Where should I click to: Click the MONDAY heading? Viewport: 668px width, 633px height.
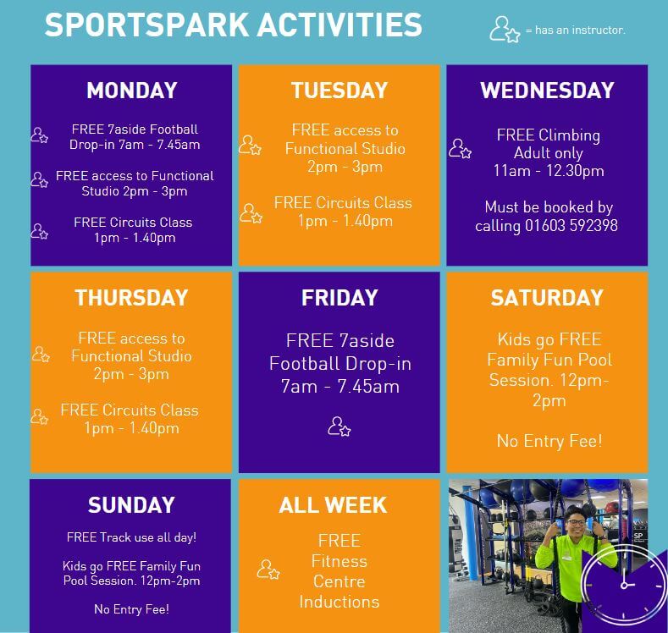[x=131, y=91]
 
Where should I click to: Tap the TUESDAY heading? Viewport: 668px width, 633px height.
[x=340, y=91]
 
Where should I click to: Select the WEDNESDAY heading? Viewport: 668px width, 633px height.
[x=547, y=91]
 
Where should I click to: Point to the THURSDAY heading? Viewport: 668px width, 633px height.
[x=131, y=298]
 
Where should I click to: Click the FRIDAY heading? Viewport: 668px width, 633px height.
[x=340, y=298]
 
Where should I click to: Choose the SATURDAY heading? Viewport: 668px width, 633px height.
[x=547, y=298]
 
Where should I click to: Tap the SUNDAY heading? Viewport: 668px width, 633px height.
[x=131, y=505]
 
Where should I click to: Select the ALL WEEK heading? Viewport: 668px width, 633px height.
[x=333, y=505]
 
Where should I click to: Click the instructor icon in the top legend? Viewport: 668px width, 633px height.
[x=505, y=30]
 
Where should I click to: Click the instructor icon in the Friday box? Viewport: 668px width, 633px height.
[x=340, y=427]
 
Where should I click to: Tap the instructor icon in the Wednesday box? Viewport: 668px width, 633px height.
[x=460, y=149]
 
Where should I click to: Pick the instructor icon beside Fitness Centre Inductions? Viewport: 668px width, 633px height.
[x=268, y=570]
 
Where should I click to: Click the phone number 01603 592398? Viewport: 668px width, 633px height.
[x=571, y=226]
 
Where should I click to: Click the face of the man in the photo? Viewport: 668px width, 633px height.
[x=576, y=523]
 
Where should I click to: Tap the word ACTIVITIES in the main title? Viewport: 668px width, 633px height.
[x=340, y=25]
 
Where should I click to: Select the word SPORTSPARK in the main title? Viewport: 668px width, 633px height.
[x=147, y=25]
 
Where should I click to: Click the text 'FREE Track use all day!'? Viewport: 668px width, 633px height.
[x=131, y=537]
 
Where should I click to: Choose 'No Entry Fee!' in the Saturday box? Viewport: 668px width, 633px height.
[x=549, y=441]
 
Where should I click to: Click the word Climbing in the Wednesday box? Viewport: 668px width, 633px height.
[x=570, y=135]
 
